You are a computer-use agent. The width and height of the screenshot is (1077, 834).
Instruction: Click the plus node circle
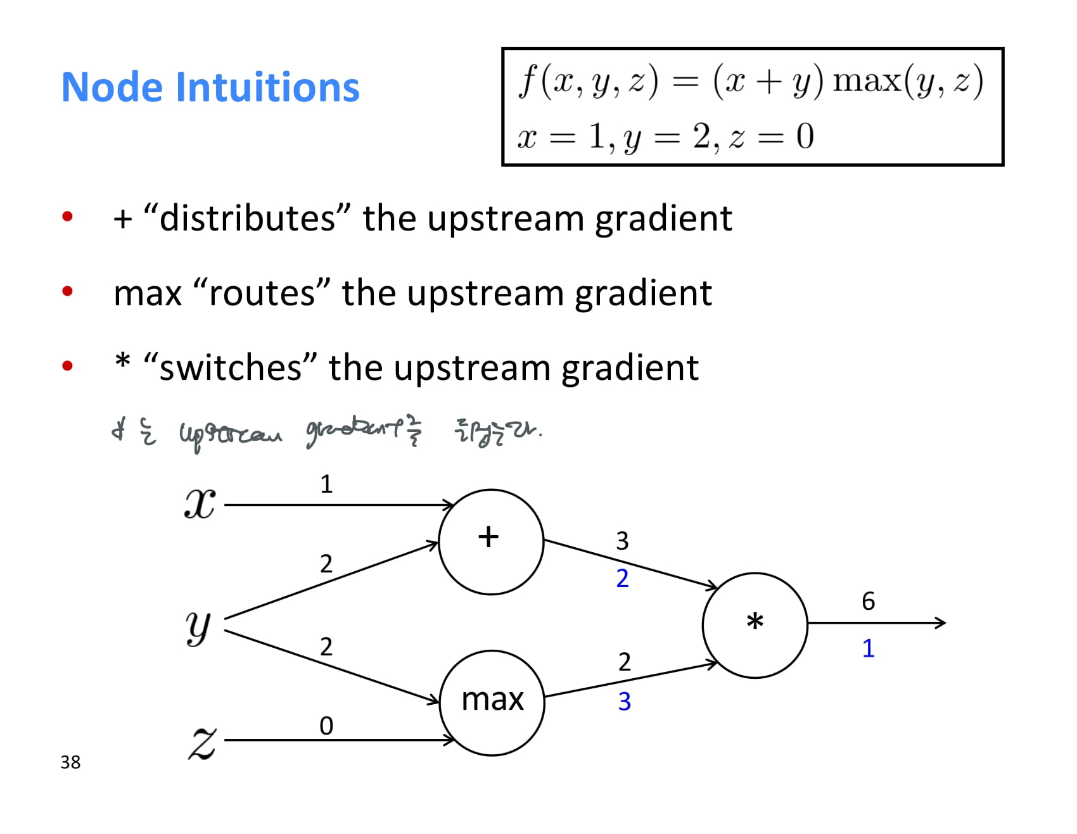pos(491,541)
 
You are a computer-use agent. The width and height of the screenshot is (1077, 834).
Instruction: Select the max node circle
pos(492,702)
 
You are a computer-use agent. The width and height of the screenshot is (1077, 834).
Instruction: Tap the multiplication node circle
pos(755,625)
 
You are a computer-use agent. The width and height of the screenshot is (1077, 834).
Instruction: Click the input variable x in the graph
pos(200,505)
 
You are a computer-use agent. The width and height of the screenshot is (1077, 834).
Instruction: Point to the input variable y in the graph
pos(198,626)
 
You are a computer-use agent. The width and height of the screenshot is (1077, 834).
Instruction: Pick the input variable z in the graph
pos(202,742)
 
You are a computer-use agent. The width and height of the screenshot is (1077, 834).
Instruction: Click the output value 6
pos(868,601)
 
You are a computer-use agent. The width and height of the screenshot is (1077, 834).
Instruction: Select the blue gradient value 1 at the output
pos(868,648)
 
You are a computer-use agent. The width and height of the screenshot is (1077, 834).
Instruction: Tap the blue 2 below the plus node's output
pos(622,578)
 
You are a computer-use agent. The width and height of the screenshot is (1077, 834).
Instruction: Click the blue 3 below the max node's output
pos(624,702)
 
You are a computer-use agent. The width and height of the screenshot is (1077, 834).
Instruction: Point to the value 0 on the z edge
pos(326,726)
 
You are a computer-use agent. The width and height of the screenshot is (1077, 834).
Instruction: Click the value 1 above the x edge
pos(326,484)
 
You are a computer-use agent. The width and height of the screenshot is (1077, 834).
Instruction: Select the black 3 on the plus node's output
pos(622,541)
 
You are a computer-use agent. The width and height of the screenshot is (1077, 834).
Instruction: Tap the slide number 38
pos(70,762)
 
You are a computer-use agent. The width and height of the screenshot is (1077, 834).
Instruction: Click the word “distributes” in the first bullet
pos(247,218)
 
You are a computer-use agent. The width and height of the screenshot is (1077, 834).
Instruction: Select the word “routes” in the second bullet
pos(261,293)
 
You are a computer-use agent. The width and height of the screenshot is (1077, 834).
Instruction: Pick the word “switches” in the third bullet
pos(229,368)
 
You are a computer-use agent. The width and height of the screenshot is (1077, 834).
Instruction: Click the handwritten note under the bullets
pos(326,433)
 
